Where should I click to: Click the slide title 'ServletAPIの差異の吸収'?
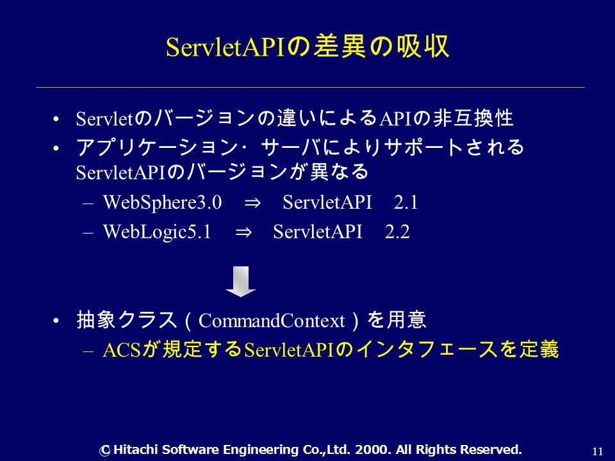(x=307, y=47)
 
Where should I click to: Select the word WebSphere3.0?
(x=162, y=202)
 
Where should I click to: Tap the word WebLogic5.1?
(x=157, y=231)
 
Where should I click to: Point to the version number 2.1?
(x=406, y=202)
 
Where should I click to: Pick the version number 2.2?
(x=397, y=231)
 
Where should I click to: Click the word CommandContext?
(x=272, y=321)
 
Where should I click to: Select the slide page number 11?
(x=598, y=451)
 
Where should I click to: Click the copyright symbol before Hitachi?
(x=104, y=450)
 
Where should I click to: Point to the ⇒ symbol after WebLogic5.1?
(x=243, y=232)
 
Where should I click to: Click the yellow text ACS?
(x=122, y=350)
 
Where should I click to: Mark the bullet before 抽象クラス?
(x=56, y=321)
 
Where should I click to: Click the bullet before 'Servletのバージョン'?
(x=56, y=119)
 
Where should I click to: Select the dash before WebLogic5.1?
(x=88, y=233)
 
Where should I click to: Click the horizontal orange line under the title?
(x=310, y=87)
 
